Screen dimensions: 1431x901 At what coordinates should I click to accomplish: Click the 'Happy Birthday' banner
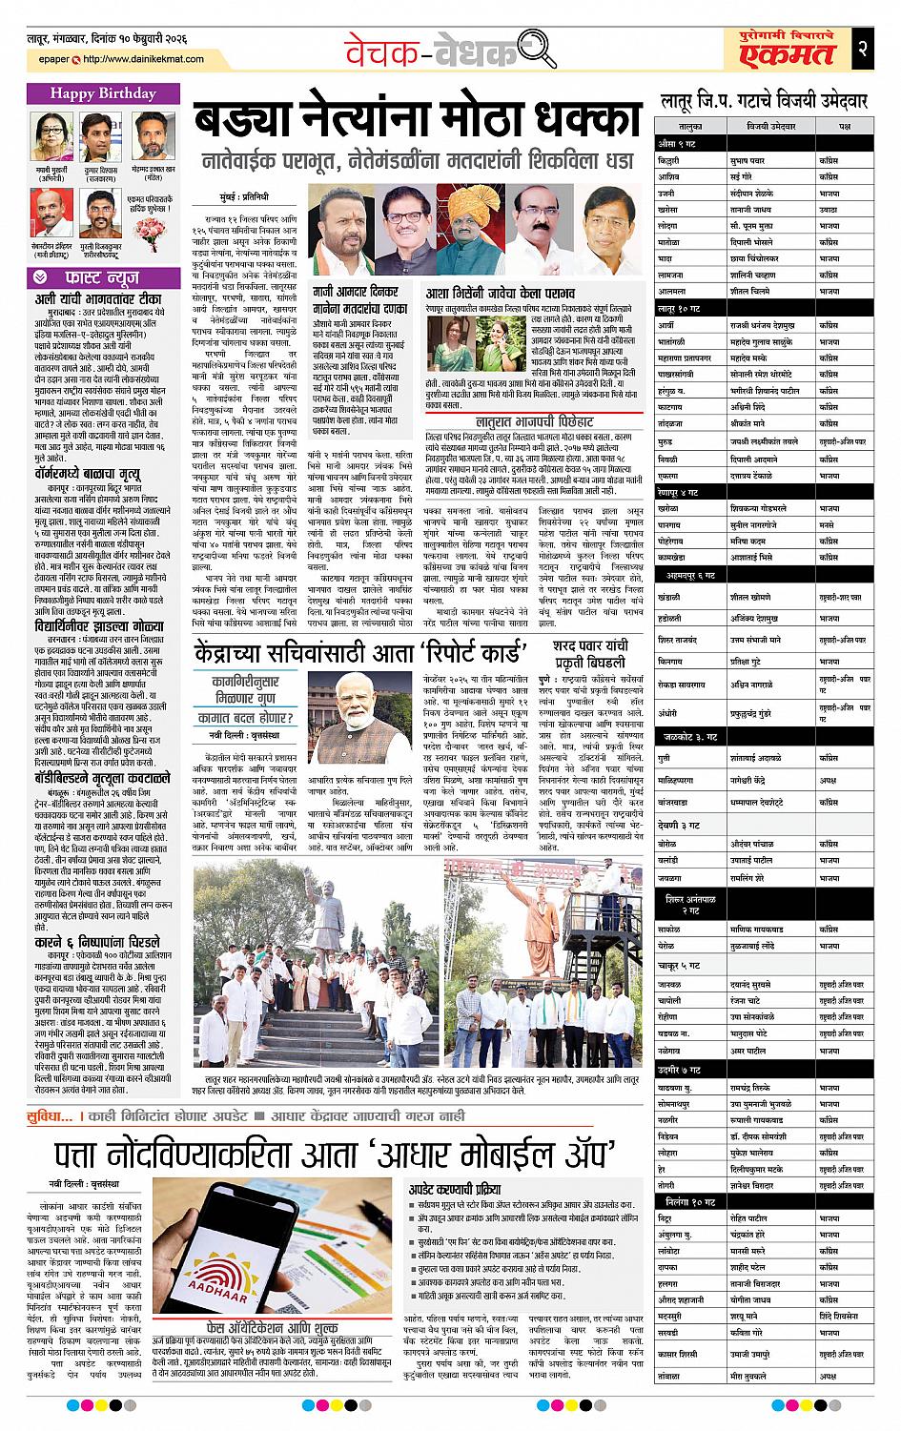[103, 93]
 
